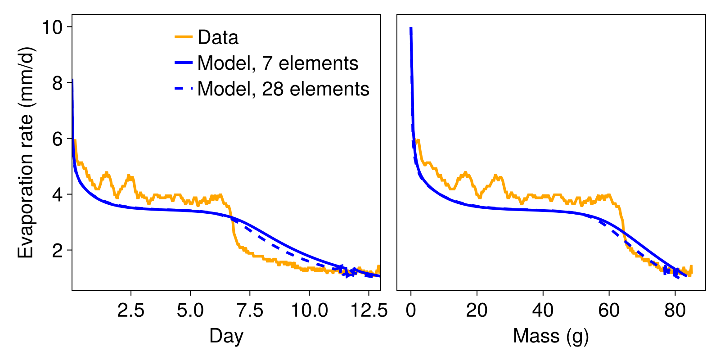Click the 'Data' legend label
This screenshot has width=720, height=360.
click(x=218, y=37)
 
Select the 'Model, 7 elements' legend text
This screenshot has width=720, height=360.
click(x=278, y=63)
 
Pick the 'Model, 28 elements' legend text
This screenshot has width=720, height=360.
click(x=283, y=89)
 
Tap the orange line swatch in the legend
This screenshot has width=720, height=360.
click(x=184, y=37)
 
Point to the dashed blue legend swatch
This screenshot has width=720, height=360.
click(x=184, y=89)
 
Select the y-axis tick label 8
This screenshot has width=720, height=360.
click(x=58, y=83)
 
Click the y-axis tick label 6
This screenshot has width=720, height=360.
click(x=58, y=139)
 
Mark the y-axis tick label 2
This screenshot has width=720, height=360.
click(x=58, y=251)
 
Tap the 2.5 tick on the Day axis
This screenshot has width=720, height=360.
click(x=131, y=310)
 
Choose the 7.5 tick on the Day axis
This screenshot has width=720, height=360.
click(x=250, y=310)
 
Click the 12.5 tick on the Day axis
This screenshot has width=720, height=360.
click(x=369, y=310)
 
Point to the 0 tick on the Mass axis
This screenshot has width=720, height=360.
click(x=411, y=310)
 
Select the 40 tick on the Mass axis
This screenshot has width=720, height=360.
click(x=543, y=310)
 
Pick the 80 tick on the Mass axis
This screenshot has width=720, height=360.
click(x=675, y=310)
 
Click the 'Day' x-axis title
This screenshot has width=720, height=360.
click(x=226, y=336)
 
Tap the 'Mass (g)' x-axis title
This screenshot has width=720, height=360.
click(x=551, y=336)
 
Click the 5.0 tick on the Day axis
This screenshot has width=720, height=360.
click(x=190, y=310)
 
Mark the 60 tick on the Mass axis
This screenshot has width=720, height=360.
click(x=609, y=310)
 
